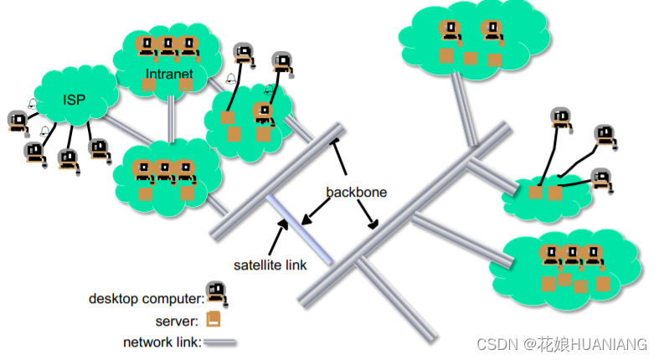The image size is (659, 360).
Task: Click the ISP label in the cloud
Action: pos(74,100)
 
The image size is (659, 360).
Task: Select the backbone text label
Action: pos(357,192)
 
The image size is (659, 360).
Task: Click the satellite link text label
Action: pos(270,265)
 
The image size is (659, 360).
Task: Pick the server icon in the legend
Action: pos(214,319)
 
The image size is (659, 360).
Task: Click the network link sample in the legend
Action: pos(219,342)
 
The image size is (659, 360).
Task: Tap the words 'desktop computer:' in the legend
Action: pos(147,298)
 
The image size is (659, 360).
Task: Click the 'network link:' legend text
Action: pos(161,342)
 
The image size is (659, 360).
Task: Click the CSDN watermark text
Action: pos(561,344)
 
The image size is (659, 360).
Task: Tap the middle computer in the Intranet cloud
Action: pos(168,48)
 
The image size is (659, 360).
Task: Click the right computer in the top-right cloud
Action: pos(492,32)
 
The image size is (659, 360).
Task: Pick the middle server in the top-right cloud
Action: pos(470,59)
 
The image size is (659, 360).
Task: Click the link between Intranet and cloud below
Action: pos(171,118)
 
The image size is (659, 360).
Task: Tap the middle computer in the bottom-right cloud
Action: pos(572,257)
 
